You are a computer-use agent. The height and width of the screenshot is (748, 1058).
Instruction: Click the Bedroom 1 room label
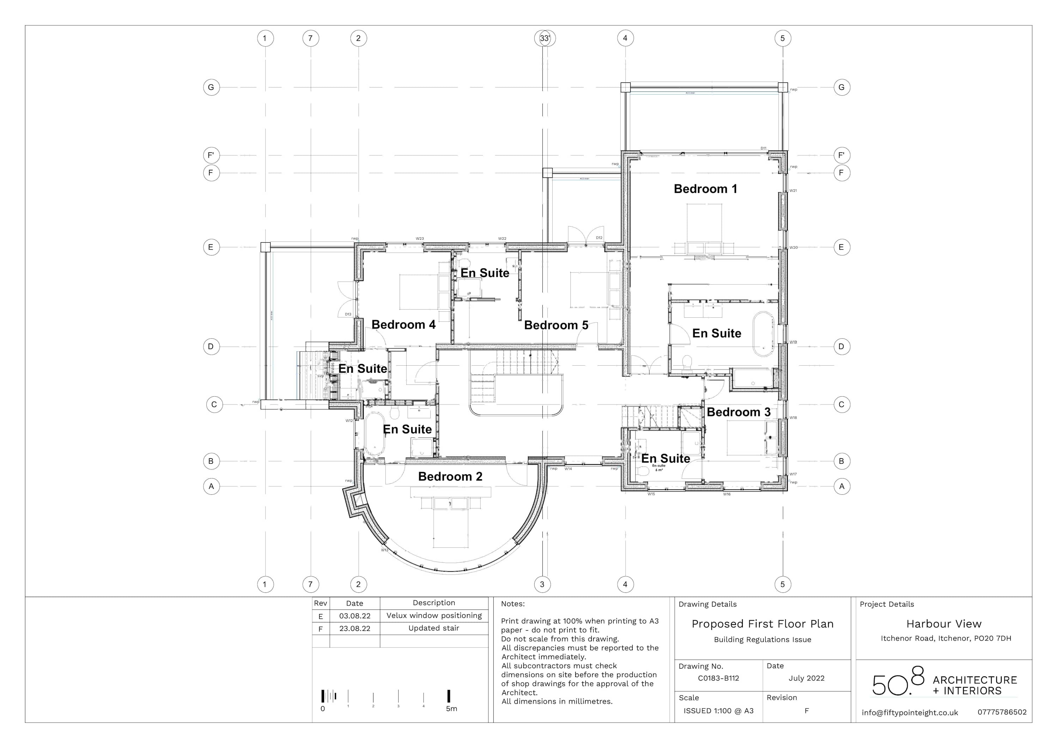click(705, 189)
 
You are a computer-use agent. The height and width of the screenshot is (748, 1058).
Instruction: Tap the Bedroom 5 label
click(556, 326)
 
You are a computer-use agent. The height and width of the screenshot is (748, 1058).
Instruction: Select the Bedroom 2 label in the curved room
click(450, 476)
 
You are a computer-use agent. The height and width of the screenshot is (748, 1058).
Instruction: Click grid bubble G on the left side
click(211, 87)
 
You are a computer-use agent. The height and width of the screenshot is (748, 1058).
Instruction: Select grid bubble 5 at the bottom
click(783, 584)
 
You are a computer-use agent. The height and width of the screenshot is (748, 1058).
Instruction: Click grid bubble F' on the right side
click(841, 155)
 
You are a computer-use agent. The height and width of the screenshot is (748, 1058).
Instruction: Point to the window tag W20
click(793, 248)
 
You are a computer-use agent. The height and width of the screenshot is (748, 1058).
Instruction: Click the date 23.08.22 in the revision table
click(354, 629)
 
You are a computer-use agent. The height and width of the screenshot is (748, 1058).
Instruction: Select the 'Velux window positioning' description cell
click(434, 616)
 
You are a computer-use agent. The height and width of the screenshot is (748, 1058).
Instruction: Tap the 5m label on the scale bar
click(451, 709)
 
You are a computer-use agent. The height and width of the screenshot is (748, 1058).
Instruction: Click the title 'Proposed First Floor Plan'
click(762, 624)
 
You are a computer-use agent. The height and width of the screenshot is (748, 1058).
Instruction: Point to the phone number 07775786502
click(1002, 712)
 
